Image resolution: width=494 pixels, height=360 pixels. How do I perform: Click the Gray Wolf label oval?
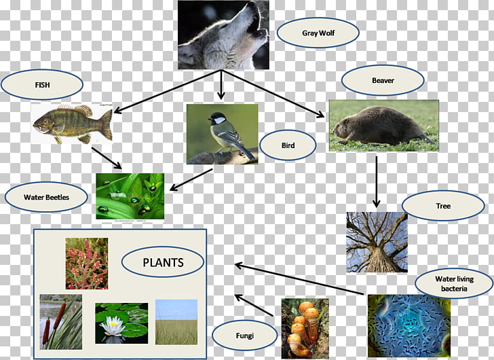point(318,33)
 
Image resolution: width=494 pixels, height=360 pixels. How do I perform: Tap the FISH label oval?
point(42,84)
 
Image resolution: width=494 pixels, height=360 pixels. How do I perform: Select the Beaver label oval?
point(383,80)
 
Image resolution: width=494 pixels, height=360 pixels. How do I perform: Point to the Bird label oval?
point(288,145)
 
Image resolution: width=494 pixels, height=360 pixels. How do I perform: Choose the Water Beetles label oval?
point(46,197)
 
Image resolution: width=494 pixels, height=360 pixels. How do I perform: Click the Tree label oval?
point(443,206)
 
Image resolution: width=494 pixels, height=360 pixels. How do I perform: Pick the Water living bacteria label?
point(454,283)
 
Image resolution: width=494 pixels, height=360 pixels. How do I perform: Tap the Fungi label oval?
point(244,336)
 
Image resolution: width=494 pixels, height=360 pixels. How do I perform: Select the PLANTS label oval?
point(163,262)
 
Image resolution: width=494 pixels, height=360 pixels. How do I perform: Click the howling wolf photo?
point(223,35)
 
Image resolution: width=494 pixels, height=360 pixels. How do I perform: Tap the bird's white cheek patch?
point(220,120)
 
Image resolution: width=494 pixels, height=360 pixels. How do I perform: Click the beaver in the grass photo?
point(384,126)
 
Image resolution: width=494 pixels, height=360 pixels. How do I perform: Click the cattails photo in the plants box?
point(61,322)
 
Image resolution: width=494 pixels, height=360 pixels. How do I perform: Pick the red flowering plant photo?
point(87,264)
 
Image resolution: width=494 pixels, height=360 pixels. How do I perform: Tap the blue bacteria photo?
point(409,325)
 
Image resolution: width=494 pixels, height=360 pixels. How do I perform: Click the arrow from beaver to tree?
point(376,181)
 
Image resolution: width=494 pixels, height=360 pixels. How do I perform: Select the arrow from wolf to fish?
point(168,91)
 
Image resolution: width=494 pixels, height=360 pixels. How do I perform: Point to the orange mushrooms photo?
point(305,329)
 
